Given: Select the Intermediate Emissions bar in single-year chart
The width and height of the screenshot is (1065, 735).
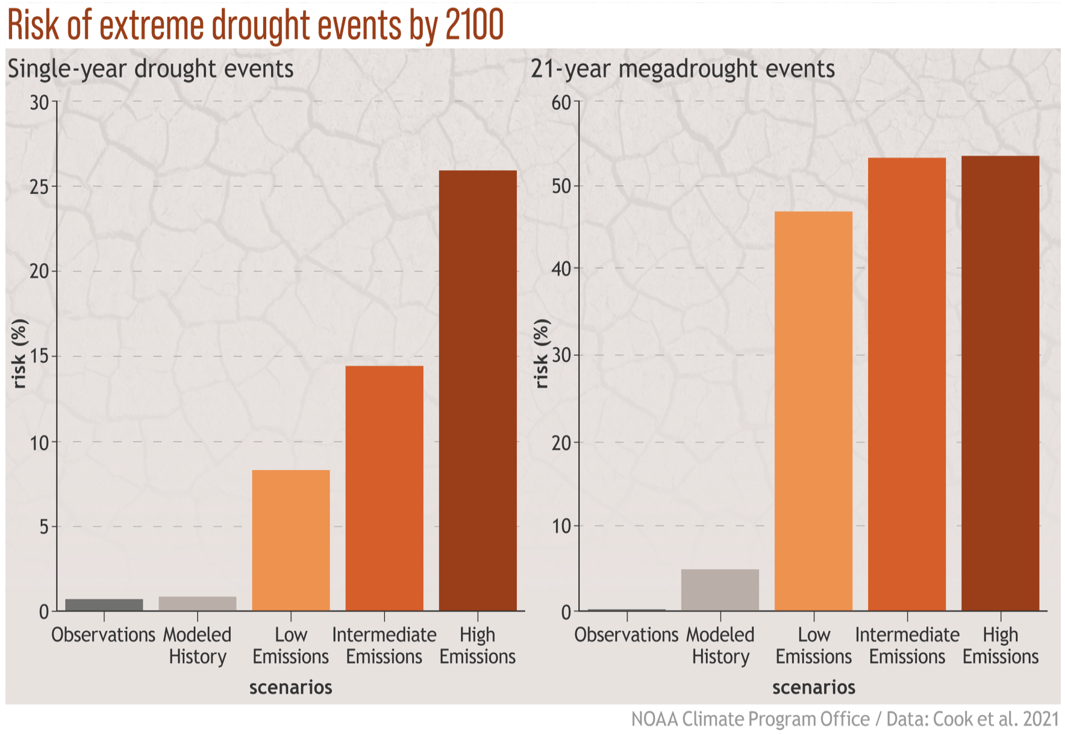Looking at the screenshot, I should point(384,488).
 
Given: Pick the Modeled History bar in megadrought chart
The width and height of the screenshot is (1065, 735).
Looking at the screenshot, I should point(720,590).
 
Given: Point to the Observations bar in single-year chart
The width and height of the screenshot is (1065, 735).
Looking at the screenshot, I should point(104,605).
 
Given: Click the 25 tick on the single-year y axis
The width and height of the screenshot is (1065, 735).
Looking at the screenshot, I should point(40,186).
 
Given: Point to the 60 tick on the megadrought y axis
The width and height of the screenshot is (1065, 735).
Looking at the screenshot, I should point(561,102).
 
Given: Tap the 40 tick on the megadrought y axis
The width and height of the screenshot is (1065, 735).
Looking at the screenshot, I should point(561,269).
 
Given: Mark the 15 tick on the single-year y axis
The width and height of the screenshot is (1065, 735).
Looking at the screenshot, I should point(40,356).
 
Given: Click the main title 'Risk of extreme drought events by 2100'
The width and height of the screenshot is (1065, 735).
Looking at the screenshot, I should point(255,25).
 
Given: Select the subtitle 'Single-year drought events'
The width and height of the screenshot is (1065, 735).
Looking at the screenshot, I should point(151,69).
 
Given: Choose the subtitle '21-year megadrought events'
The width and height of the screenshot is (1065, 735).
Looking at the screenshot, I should point(682,69).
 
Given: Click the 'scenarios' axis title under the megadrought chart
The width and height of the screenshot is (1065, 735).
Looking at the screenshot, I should point(813,687).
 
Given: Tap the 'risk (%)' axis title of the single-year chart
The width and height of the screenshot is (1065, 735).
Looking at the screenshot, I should point(20,354).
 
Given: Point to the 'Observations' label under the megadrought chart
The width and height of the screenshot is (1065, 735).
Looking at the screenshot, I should point(626,634).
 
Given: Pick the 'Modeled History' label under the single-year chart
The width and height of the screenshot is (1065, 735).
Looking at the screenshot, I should point(198,645).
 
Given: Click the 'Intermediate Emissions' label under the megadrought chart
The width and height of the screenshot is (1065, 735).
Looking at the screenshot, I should point(907,645).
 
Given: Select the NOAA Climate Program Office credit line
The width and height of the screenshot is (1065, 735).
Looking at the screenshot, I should point(845,719).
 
